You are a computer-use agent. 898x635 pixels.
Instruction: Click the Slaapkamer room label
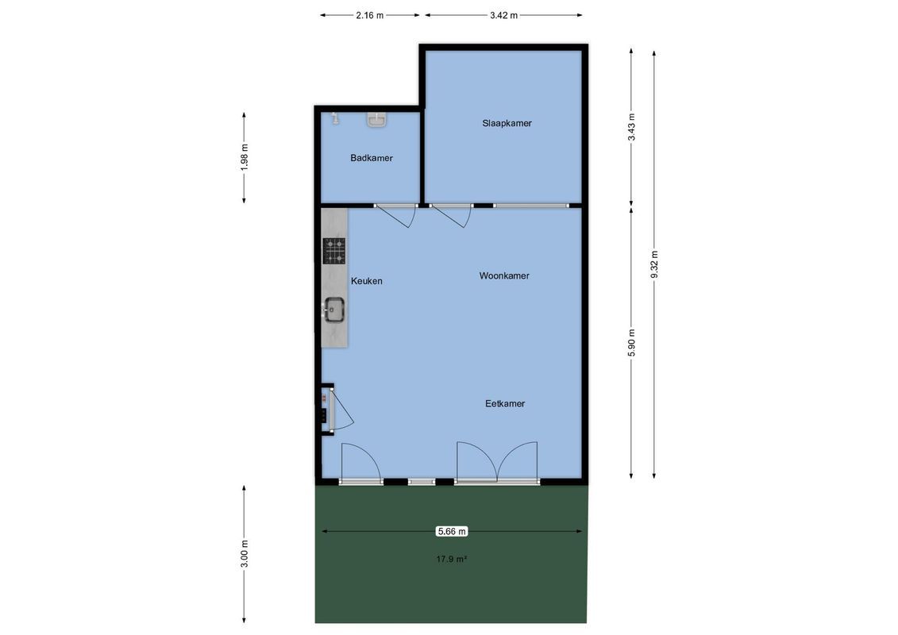[507, 123]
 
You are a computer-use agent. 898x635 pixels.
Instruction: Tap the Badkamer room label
[372, 158]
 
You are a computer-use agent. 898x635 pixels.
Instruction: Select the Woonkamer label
[504, 275]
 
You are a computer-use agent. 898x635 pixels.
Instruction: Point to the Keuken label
[367, 281]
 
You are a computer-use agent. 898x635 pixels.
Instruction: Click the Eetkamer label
[505, 403]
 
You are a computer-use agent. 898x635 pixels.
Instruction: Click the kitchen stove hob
[334, 250]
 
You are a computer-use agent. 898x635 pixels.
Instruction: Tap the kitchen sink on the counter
[333, 310]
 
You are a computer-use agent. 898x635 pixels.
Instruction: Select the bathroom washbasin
[377, 120]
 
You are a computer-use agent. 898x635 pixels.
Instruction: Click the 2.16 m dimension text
[370, 15]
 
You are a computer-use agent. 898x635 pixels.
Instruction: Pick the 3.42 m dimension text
[504, 15]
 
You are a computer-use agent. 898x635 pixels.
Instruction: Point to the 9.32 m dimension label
[654, 264]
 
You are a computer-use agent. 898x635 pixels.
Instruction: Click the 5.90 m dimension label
[632, 342]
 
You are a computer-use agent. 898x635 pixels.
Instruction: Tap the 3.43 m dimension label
[632, 127]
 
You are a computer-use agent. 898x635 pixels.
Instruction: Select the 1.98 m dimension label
[245, 156]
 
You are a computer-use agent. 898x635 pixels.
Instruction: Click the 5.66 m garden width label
[452, 531]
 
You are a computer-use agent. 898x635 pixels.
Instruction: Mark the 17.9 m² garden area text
[452, 559]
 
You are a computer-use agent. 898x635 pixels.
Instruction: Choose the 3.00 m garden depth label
[245, 553]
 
